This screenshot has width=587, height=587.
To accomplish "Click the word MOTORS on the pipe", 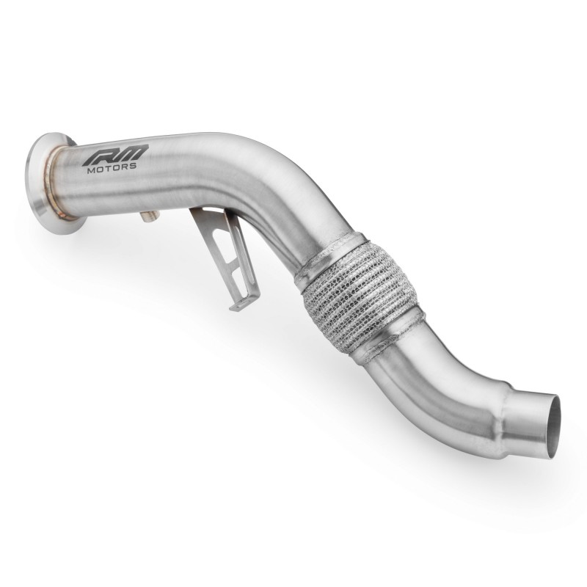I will pos(111,167).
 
